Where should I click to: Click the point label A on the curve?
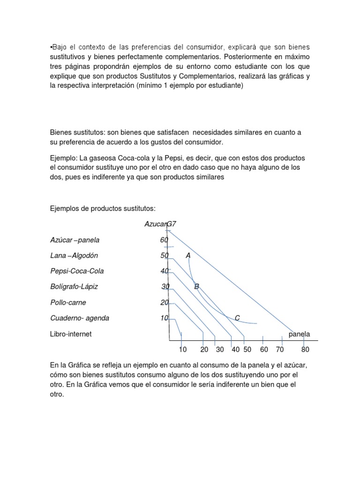click(x=188, y=255)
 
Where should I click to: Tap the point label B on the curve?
click(x=197, y=286)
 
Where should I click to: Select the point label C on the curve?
click(x=237, y=318)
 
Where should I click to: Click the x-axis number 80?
click(x=306, y=350)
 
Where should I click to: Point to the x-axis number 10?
click(x=183, y=350)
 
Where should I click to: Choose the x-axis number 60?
click(x=264, y=350)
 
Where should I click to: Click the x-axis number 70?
click(x=280, y=350)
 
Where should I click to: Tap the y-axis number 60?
click(x=164, y=240)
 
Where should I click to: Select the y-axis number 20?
click(x=164, y=303)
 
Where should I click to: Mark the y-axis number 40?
click(x=164, y=271)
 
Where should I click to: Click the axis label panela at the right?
click(x=299, y=334)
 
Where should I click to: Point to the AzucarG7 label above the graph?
click(x=160, y=224)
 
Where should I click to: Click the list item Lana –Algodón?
click(x=74, y=255)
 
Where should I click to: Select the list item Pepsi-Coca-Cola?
click(x=77, y=271)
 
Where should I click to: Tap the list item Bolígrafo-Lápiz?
click(x=74, y=286)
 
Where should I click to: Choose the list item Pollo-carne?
click(x=68, y=302)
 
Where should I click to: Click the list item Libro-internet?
click(x=71, y=334)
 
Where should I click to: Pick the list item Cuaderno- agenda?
click(x=80, y=318)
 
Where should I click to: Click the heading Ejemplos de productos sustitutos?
click(x=103, y=208)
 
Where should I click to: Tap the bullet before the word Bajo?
click(x=51, y=47)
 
